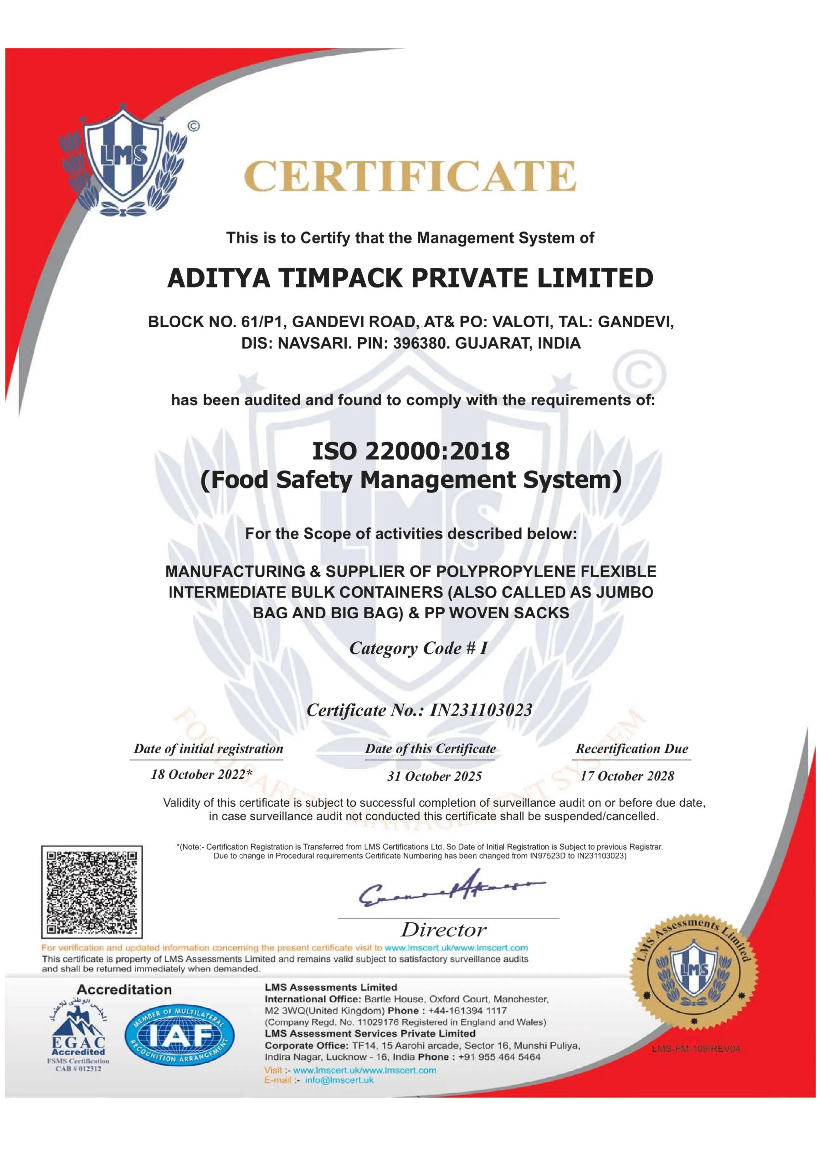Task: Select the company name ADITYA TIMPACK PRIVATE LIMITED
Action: click(x=410, y=278)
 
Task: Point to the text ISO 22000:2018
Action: click(x=410, y=450)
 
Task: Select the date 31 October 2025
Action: click(x=434, y=776)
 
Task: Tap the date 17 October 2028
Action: click(x=627, y=776)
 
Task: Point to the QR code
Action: click(x=92, y=892)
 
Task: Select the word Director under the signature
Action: click(x=444, y=930)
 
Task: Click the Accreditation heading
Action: click(x=124, y=989)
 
